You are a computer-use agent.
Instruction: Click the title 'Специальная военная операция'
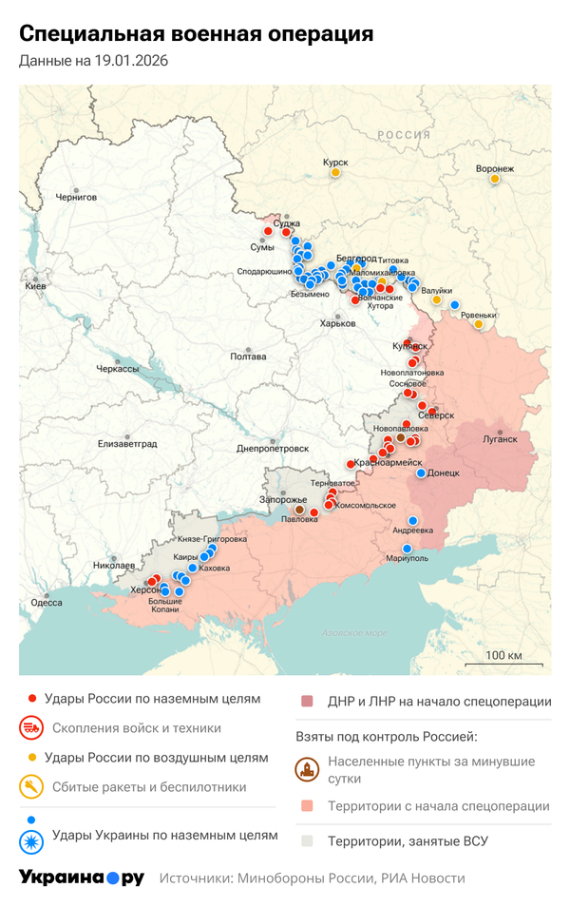196,34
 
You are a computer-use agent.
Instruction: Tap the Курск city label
335,163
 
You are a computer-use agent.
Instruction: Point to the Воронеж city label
495,169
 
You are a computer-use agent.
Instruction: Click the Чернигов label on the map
76,197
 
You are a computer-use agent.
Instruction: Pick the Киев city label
35,285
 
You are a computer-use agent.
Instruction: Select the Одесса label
47,602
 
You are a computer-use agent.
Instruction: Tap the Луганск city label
500,439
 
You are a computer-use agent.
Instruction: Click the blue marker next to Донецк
421,473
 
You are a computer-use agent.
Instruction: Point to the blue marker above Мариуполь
408,549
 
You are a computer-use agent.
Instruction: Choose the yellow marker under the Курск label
335,172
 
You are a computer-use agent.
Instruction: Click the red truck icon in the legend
31,728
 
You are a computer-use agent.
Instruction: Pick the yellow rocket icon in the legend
31,787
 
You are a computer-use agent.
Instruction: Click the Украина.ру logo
82,878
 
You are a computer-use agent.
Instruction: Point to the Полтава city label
249,357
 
